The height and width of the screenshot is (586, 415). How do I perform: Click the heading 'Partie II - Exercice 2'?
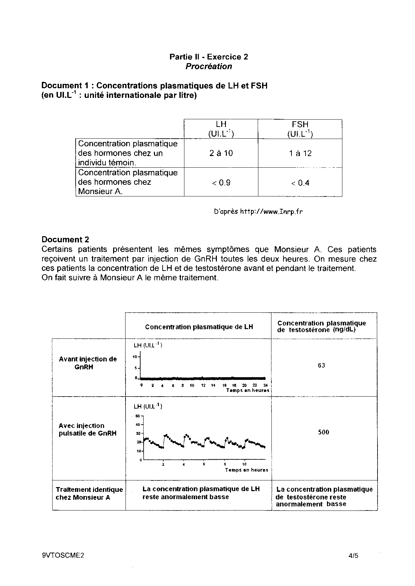click(209, 57)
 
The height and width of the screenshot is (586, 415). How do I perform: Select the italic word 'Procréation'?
click(209, 66)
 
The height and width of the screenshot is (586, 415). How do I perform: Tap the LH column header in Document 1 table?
click(221, 129)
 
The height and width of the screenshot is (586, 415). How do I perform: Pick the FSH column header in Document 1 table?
click(300, 129)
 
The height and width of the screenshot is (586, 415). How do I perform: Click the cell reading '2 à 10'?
click(221, 153)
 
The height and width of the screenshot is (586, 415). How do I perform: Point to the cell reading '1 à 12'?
click(300, 153)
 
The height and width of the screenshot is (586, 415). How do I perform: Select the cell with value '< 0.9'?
click(221, 183)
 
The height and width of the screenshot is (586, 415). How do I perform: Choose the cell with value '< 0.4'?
click(300, 183)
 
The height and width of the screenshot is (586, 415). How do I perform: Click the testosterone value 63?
click(321, 365)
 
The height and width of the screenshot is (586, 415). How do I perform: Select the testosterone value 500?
click(323, 432)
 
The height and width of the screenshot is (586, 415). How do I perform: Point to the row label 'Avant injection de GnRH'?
click(88, 363)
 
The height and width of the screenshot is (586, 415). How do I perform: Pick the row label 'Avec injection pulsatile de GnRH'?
click(87, 430)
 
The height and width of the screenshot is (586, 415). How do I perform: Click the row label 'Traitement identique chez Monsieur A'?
click(89, 493)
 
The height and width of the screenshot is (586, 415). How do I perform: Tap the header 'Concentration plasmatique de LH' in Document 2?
click(199, 327)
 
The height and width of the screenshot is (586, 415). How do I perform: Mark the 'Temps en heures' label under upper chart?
click(248, 390)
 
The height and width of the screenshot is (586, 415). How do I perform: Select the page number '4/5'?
click(353, 556)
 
